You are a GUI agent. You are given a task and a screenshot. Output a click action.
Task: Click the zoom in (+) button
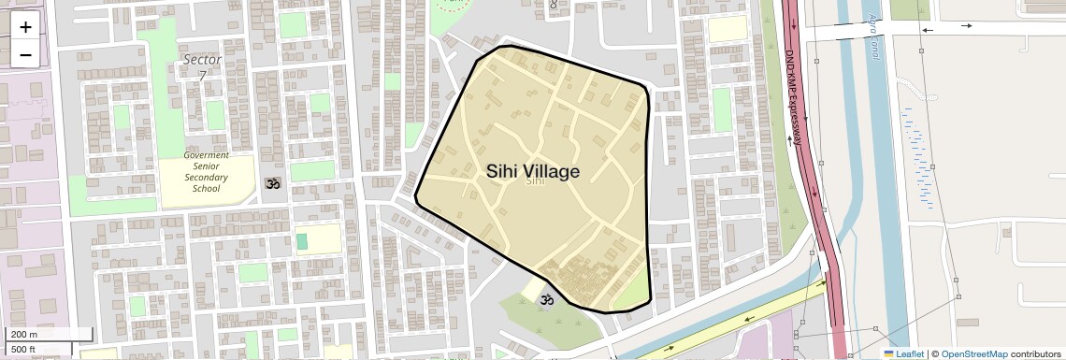(25, 27)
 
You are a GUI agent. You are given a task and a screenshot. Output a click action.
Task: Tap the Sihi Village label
(533, 171)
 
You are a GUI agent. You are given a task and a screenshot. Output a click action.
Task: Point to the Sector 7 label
(202, 66)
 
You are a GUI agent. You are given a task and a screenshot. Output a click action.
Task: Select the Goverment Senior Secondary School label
(207, 171)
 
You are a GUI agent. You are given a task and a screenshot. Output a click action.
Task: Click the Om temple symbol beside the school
(273, 185)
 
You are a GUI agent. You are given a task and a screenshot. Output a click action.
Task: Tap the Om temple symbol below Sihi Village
(547, 299)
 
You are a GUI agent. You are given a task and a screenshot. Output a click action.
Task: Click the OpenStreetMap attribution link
(973, 353)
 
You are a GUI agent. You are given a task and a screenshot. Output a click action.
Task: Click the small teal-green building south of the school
(302, 241)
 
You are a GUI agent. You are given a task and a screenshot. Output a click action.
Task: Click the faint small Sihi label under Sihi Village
(535, 181)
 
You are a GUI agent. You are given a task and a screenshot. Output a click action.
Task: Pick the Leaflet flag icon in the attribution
(888, 353)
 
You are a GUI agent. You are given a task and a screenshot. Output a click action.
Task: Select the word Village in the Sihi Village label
(553, 171)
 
